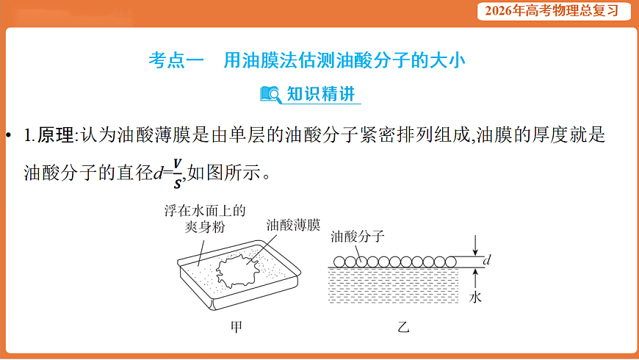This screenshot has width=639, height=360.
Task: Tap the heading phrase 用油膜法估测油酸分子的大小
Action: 344,60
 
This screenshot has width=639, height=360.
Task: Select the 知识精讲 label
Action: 320,94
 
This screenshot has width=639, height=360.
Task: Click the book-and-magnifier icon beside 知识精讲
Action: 270,94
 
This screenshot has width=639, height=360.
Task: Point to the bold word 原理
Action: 56,135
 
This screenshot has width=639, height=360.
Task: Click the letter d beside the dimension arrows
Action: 488,261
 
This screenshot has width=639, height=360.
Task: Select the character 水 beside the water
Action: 475,297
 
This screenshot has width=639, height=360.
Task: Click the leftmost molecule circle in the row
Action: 339,261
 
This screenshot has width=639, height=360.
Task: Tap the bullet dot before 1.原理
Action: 10,136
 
